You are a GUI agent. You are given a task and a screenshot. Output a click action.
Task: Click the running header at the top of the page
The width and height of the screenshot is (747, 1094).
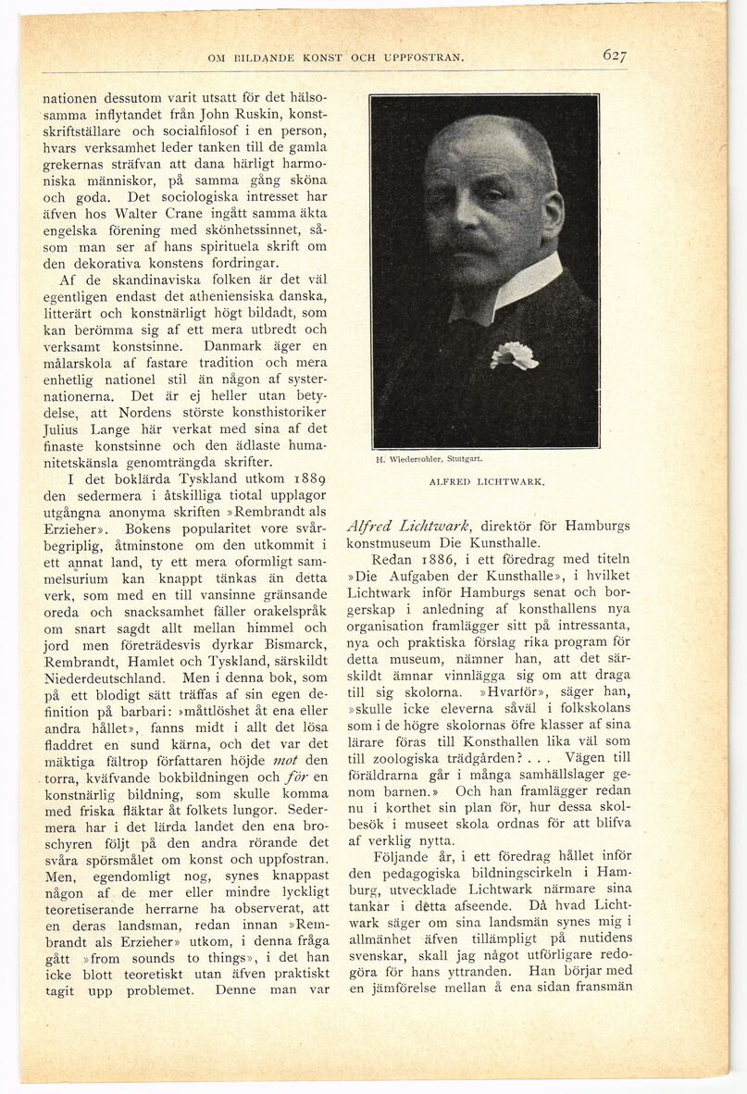click(336, 57)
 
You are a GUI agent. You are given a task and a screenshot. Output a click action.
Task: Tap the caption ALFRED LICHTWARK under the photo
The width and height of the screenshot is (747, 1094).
click(487, 482)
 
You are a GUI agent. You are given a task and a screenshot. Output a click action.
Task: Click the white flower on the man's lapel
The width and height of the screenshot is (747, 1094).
click(514, 354)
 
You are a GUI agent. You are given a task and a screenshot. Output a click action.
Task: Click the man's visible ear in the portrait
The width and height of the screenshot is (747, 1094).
click(552, 210)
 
